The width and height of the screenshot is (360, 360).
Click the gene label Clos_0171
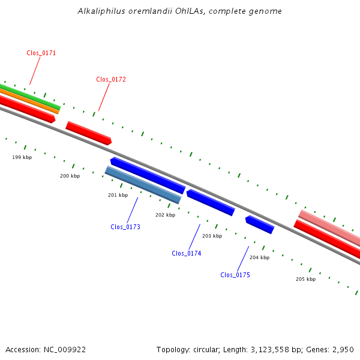(41, 53)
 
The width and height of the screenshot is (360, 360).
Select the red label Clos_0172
(111, 79)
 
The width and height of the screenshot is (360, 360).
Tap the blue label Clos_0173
(125, 227)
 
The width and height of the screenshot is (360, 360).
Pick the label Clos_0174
(187, 253)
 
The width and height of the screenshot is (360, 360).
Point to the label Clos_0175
(235, 275)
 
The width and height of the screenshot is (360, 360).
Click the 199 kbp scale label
(22, 157)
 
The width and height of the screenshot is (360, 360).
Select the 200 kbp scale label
(70, 176)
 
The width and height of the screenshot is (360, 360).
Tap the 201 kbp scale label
(118, 195)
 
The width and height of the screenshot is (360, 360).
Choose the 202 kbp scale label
(165, 215)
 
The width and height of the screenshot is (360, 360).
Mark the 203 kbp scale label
(212, 236)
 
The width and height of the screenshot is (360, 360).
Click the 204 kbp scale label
(259, 257)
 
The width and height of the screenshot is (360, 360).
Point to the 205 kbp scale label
(305, 279)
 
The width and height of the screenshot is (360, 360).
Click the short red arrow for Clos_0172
(89, 133)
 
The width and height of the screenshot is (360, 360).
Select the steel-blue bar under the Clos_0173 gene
(143, 185)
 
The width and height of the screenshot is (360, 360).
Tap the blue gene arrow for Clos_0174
(210, 203)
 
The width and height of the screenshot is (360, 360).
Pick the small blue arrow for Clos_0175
(259, 224)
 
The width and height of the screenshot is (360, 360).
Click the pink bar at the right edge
(330, 227)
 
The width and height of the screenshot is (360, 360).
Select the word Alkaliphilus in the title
(99, 11)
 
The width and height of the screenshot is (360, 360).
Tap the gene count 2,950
(342, 349)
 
